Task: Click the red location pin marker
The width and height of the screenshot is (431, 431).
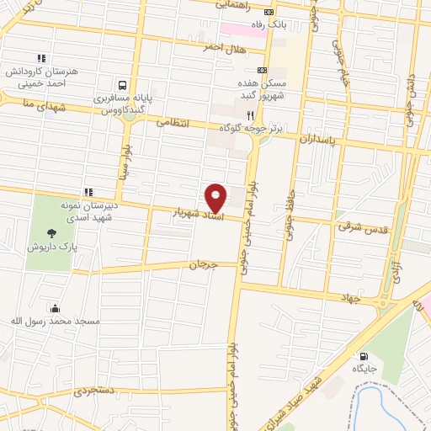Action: pyautogui.click(x=217, y=198)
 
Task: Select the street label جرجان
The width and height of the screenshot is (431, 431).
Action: pyautogui.click(x=202, y=264)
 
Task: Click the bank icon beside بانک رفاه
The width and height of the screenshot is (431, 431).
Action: pyautogui.click(x=269, y=12)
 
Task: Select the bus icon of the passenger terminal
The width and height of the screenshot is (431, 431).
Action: pyautogui.click(x=124, y=85)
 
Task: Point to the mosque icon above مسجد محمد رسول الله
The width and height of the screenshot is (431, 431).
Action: pyautogui.click(x=56, y=309)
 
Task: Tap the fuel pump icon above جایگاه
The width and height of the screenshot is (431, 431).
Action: pyautogui.click(x=364, y=356)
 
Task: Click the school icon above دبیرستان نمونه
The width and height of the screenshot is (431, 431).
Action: pyautogui.click(x=88, y=193)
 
